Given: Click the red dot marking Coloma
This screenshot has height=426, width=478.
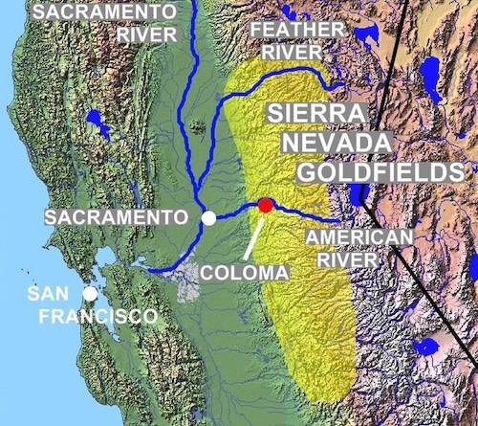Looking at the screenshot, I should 265,205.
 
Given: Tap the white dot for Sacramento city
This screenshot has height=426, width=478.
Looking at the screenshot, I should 208,219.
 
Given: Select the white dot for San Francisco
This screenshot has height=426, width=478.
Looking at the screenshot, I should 89,294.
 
